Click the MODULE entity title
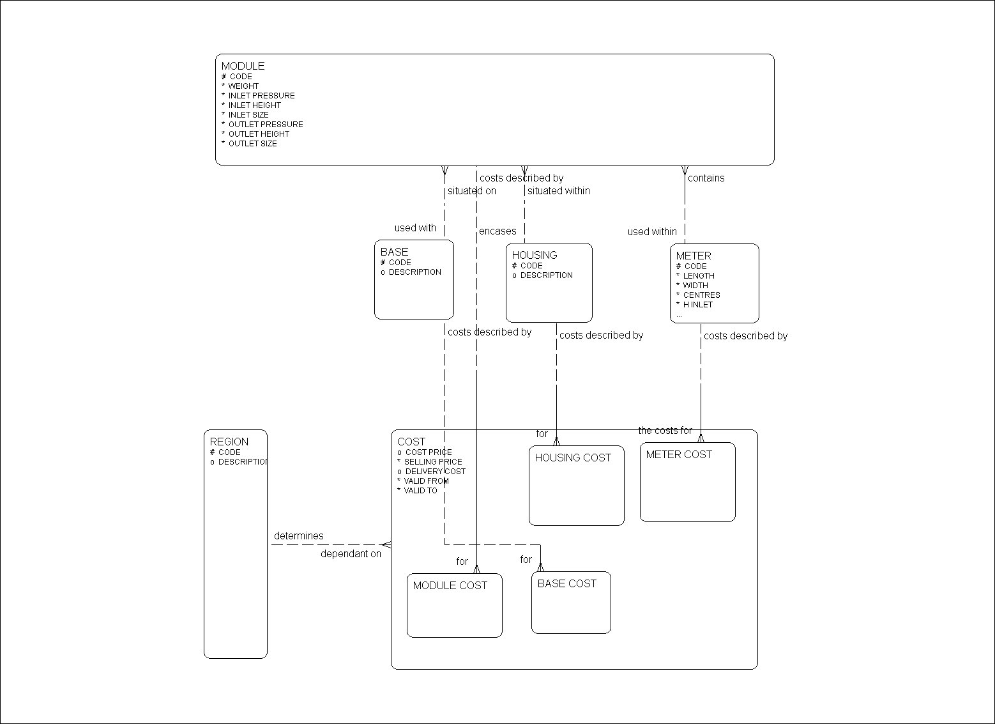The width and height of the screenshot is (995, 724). [x=243, y=66]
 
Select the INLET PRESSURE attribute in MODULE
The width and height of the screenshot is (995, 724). [x=261, y=96]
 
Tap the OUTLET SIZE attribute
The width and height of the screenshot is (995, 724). [x=252, y=144]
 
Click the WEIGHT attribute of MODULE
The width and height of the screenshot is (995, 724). [x=243, y=86]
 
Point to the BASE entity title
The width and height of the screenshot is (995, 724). [x=394, y=252]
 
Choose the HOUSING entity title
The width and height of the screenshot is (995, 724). [x=535, y=255]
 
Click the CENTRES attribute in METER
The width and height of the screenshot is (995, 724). [x=701, y=295]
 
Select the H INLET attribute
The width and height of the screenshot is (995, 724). [x=697, y=305]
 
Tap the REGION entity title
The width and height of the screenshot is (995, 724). [x=229, y=442]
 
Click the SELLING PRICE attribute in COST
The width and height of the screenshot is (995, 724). [x=432, y=462]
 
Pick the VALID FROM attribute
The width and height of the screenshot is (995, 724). [x=426, y=481]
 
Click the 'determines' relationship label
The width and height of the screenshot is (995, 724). [x=298, y=536]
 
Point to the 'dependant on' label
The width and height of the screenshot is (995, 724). [x=351, y=554]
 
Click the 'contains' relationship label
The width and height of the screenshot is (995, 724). [x=706, y=178]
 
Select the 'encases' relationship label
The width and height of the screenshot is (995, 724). [x=497, y=231]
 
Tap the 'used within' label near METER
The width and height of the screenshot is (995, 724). [x=651, y=232]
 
